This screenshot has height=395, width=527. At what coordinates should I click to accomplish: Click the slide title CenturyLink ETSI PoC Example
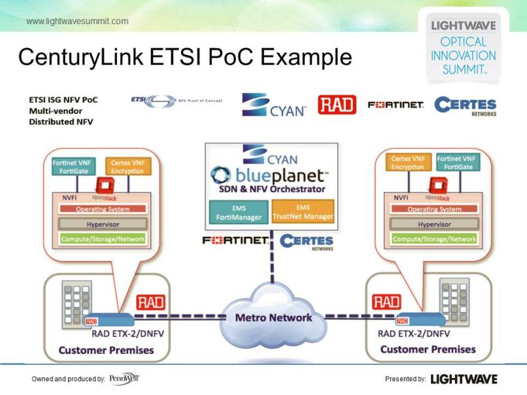click(x=185, y=57)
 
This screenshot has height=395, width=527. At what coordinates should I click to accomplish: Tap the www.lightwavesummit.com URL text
click(x=77, y=22)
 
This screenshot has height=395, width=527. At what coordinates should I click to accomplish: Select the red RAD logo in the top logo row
click(x=337, y=104)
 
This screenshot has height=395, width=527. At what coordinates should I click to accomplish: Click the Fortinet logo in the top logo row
click(x=396, y=104)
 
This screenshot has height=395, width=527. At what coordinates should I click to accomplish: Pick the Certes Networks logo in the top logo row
click(x=465, y=106)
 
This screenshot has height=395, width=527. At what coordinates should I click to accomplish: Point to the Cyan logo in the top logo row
click(x=274, y=104)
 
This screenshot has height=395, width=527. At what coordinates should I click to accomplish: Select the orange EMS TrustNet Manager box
click(x=302, y=213)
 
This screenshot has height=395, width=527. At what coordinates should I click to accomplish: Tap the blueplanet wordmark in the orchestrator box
click(x=269, y=175)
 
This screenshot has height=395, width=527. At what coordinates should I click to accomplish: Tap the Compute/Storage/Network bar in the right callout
click(x=434, y=239)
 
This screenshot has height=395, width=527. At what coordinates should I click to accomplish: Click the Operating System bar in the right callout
click(x=434, y=209)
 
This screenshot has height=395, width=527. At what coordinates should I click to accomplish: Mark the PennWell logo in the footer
click(x=124, y=379)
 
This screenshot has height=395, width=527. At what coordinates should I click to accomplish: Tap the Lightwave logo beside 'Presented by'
click(x=464, y=379)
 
